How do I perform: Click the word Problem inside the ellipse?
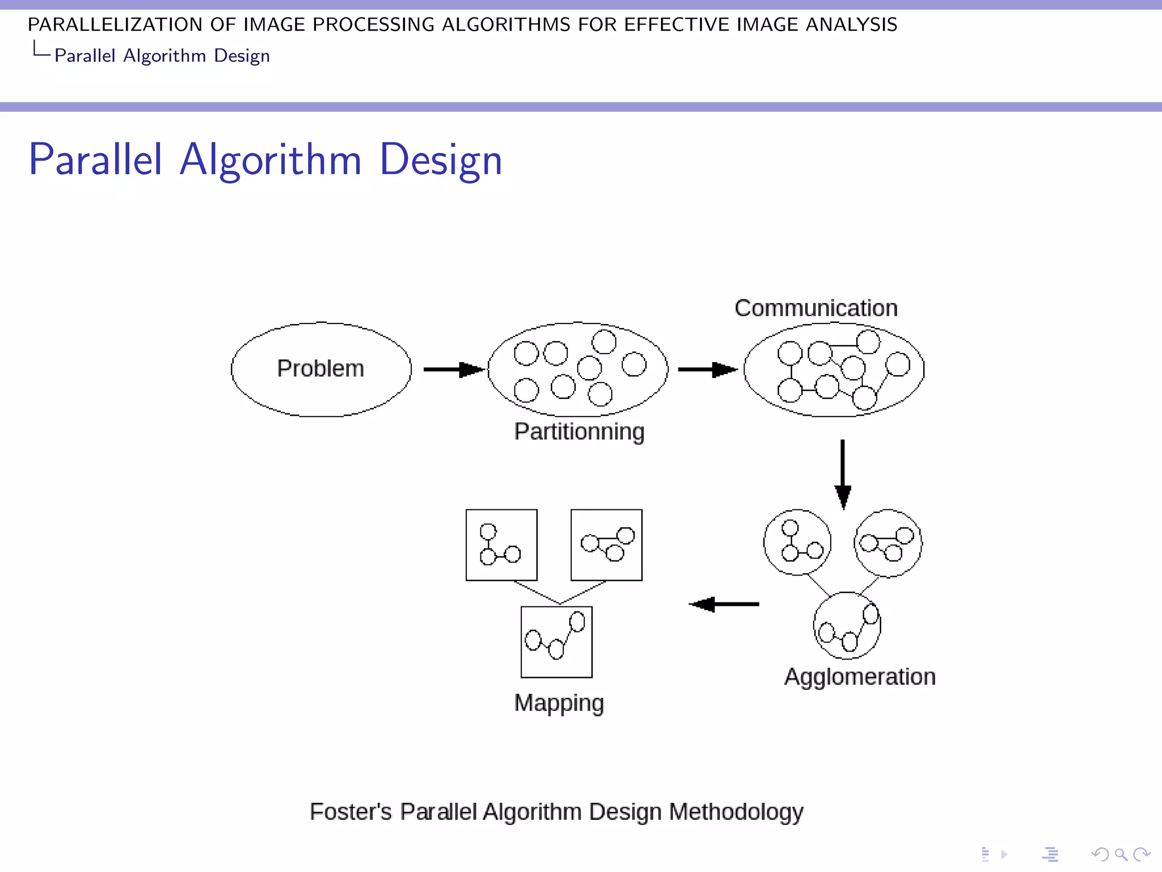tap(321, 368)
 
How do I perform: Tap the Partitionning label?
tap(579, 431)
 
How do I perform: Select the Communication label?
tap(816, 308)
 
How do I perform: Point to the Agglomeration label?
tap(860, 677)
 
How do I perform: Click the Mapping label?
tap(559, 703)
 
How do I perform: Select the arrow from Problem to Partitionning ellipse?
tap(454, 370)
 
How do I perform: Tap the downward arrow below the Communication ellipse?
tap(843, 474)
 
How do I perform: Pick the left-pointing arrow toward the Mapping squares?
tap(724, 604)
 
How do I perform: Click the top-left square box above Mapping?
tap(502, 544)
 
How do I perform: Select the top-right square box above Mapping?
tap(607, 544)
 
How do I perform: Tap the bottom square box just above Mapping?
tap(557, 642)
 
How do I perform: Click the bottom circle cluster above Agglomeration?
tap(847, 626)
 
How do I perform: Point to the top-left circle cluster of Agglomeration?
tap(797, 542)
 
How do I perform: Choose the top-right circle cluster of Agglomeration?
tap(888, 543)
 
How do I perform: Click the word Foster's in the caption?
tap(350, 812)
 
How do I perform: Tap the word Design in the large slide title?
tap(441, 160)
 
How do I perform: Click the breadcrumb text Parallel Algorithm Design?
tap(162, 56)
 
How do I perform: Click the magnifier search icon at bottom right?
tap(1121, 854)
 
